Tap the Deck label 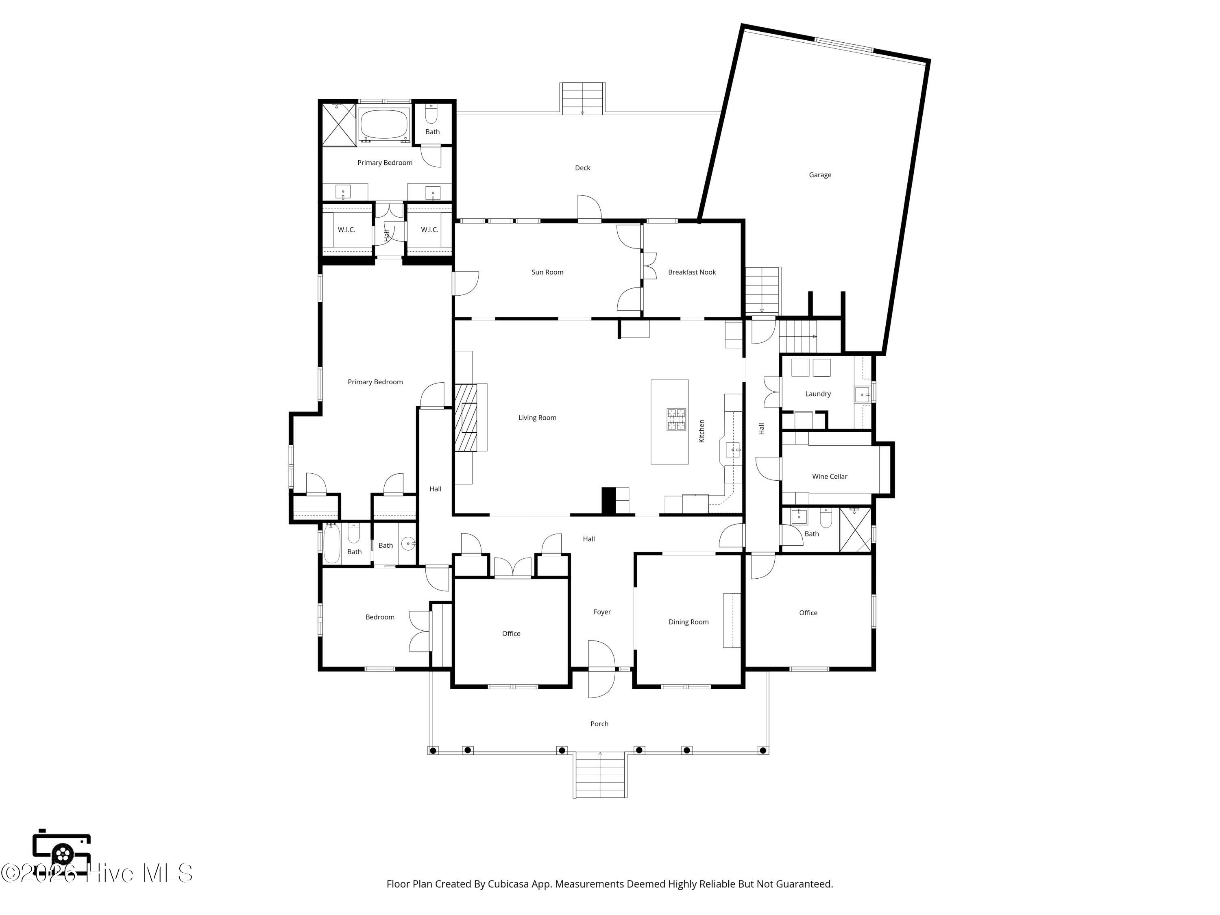point(582,168)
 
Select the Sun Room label point(547,272)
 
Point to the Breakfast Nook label point(692,272)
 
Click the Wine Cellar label point(830,477)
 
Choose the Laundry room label point(818,394)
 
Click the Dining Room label point(688,622)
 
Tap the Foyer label point(602,612)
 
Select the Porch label point(599,723)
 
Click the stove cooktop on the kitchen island point(676,419)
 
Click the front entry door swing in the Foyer point(601,669)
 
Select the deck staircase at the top point(582,99)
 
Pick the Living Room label point(537,418)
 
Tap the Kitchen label point(701,431)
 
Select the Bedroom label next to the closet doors point(380,617)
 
